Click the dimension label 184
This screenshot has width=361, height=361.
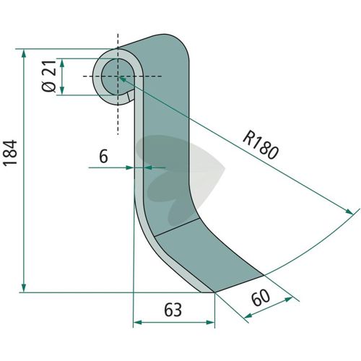10,152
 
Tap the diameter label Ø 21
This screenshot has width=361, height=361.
49,76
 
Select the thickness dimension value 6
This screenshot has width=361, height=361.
103,157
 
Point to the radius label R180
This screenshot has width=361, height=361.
261,145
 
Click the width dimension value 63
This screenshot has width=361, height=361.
173,310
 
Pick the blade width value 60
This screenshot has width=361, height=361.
261,297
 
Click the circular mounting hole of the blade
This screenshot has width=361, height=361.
118,77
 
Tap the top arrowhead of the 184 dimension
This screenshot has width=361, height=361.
24,53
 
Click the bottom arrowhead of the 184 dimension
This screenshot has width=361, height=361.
24,288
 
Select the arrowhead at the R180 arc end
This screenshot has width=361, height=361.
349,212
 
